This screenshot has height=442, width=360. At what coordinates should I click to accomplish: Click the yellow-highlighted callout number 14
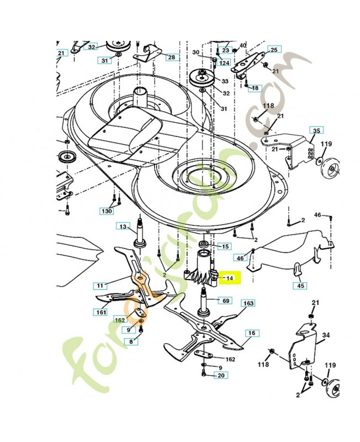click(x=230, y=278)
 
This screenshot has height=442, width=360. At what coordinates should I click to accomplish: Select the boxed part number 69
click(x=226, y=301)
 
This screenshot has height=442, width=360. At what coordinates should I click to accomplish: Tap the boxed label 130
click(x=107, y=211)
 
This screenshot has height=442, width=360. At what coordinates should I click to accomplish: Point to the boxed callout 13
click(x=123, y=227)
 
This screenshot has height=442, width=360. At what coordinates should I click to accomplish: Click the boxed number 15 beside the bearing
click(x=225, y=246)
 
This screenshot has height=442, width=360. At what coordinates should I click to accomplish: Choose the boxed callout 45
click(x=300, y=286)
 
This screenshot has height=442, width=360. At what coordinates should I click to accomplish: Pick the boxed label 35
click(x=316, y=130)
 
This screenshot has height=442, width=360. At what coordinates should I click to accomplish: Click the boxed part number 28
click(x=172, y=57)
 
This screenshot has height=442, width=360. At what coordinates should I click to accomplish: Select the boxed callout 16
click(x=252, y=333)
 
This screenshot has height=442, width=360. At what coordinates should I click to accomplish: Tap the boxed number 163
click(x=248, y=303)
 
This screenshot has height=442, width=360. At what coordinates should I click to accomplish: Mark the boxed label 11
click(x=100, y=286)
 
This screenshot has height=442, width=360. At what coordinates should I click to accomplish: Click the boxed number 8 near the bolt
click(x=131, y=341)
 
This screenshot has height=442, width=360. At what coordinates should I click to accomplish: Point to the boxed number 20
click(x=221, y=375)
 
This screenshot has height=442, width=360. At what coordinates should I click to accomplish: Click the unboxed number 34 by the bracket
click(x=326, y=335)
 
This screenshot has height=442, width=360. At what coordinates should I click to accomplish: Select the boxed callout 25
click(x=274, y=50)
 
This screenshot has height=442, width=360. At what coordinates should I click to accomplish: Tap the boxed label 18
click(x=255, y=88)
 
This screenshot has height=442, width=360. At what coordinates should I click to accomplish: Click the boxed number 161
click(x=100, y=312)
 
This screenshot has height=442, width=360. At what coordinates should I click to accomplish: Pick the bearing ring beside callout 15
click(x=203, y=244)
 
